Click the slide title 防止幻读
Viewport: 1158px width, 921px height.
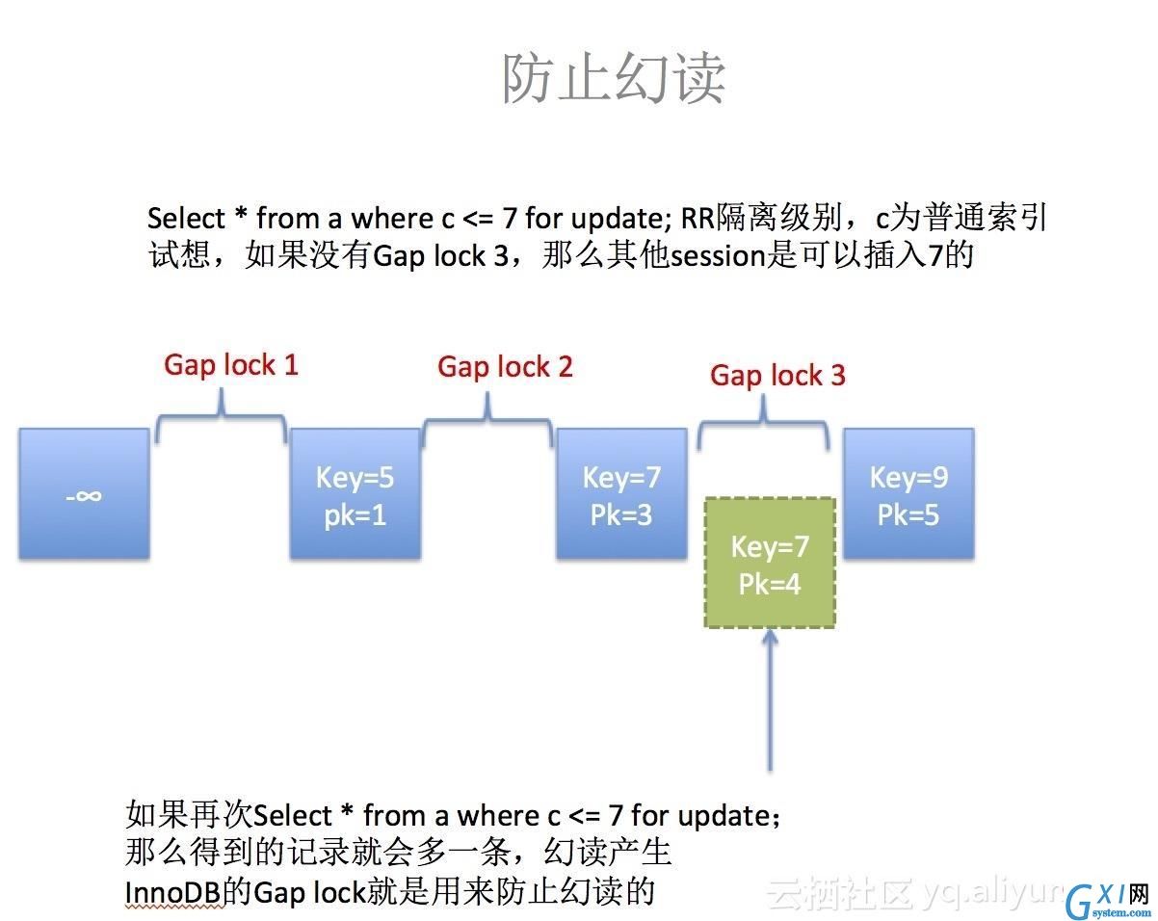(614, 78)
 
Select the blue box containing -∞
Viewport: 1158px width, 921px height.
(84, 493)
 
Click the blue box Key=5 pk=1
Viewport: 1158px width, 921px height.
(355, 493)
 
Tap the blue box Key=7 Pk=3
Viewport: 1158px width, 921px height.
(621, 493)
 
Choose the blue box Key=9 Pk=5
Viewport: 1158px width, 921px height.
(908, 493)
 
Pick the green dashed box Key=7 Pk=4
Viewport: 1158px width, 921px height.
(770, 563)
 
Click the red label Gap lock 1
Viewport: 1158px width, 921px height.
(231, 365)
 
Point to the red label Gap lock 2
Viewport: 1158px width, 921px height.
(505, 368)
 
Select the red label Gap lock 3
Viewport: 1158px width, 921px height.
(777, 376)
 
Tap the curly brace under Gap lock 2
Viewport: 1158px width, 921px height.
(487, 418)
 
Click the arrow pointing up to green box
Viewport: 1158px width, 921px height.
(770, 700)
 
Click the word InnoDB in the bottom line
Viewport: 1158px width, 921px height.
(172, 893)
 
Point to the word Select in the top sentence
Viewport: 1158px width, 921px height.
(186, 219)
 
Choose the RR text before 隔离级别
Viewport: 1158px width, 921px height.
(697, 219)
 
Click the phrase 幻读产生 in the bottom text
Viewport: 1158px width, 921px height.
(608, 853)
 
